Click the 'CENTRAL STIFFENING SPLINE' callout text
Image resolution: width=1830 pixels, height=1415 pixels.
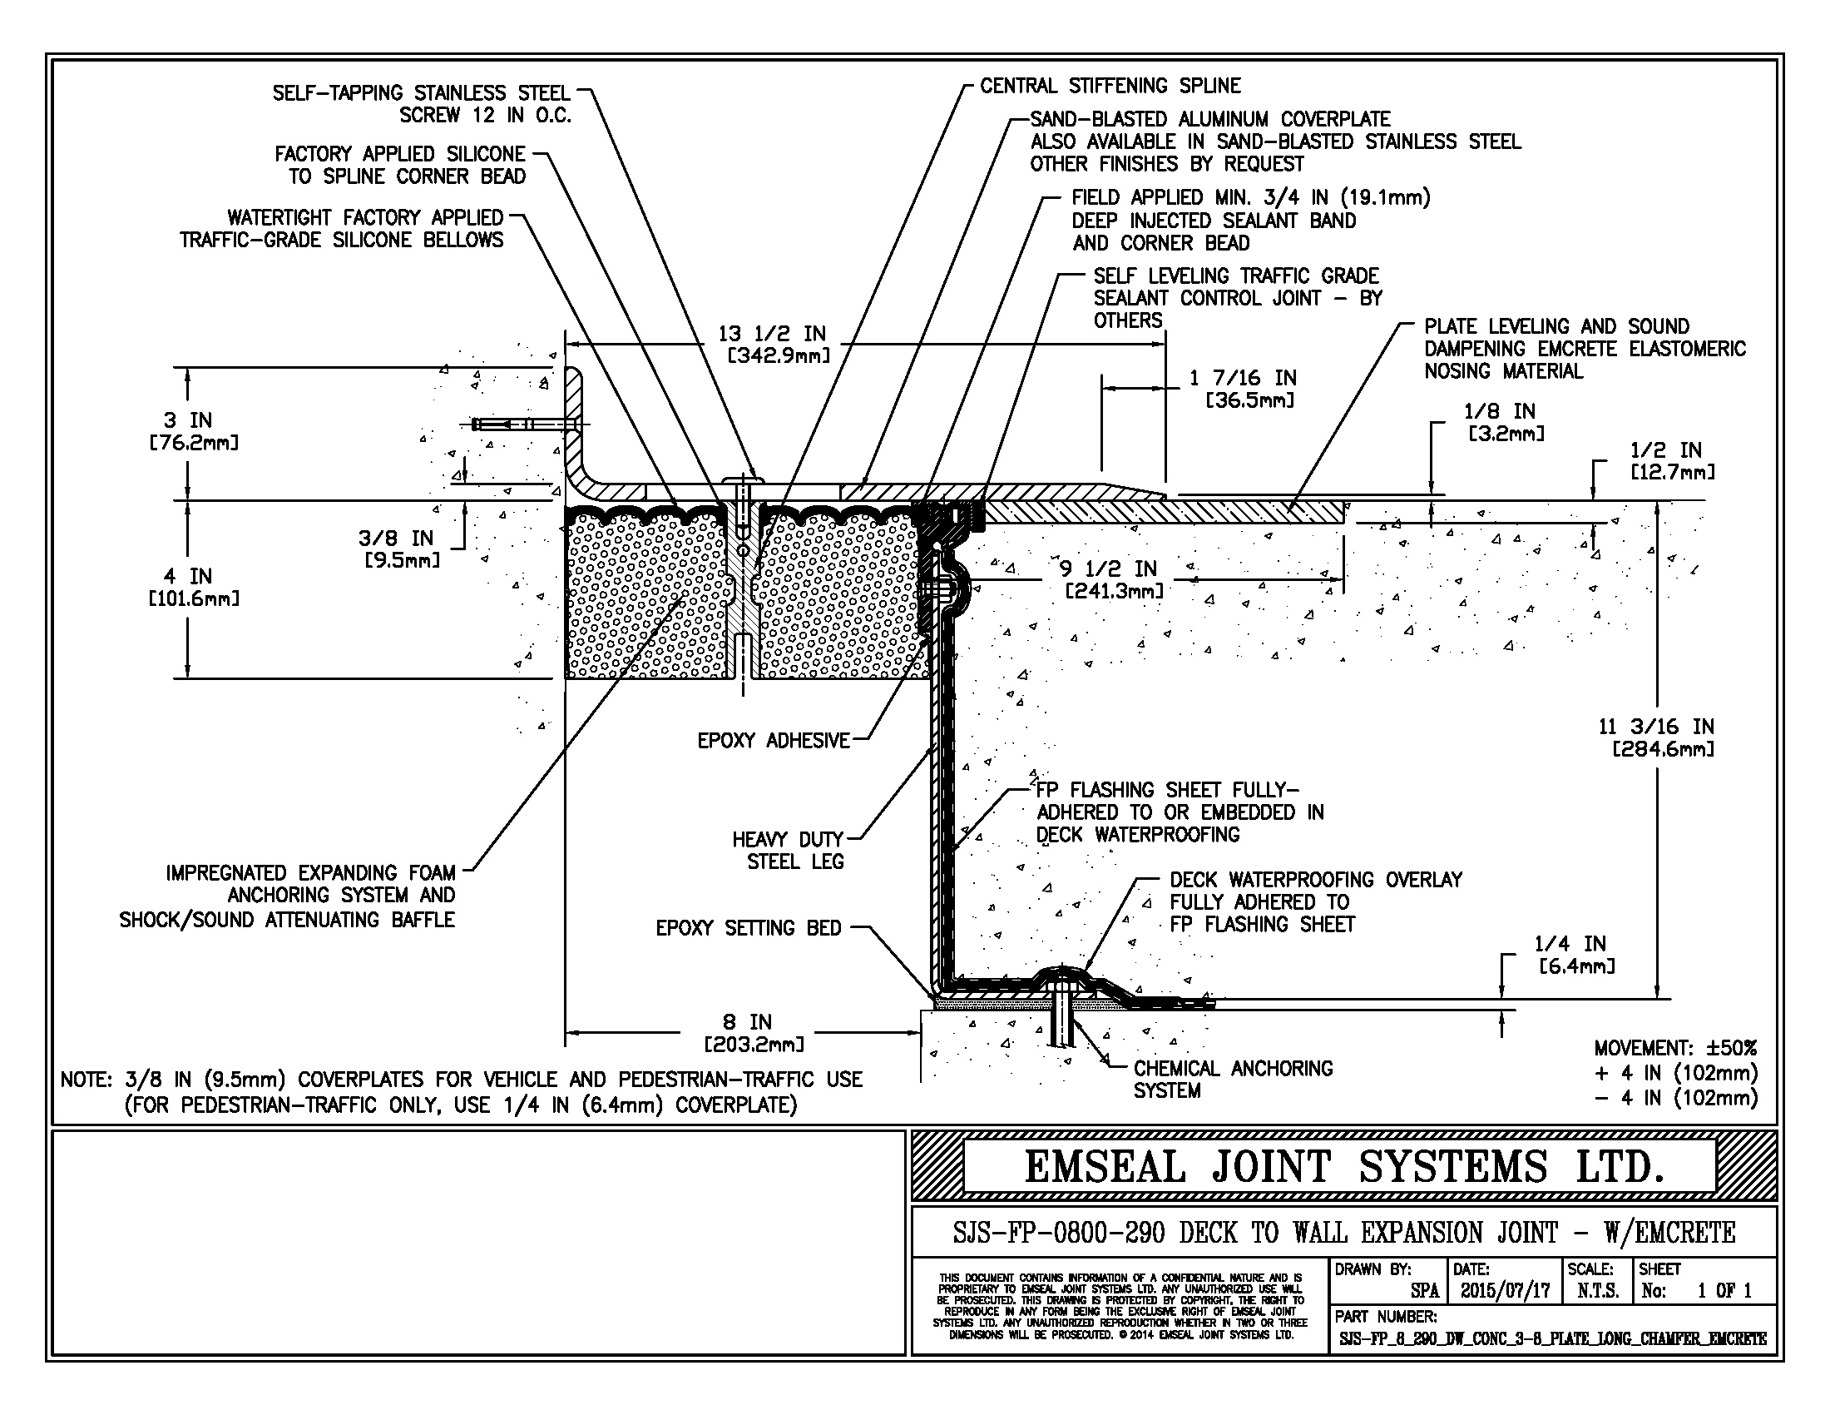tap(1110, 86)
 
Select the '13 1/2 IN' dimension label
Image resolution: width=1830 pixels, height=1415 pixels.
tap(772, 334)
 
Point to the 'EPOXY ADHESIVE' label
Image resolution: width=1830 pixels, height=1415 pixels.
tap(774, 740)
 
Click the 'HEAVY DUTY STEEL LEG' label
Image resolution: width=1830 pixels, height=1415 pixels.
tap(788, 850)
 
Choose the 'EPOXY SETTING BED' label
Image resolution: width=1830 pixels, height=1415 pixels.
tap(749, 928)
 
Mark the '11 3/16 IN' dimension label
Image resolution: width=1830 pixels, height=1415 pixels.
tap(1655, 727)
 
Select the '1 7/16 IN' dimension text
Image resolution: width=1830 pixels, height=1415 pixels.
tap(1243, 379)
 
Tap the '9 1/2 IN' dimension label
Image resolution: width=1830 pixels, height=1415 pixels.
tap(1108, 569)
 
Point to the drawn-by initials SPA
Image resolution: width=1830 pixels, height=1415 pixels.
tap(1424, 1291)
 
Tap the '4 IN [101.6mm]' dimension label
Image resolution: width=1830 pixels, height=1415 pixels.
tap(194, 586)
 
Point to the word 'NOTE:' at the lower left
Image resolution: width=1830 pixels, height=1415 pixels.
tap(87, 1080)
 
